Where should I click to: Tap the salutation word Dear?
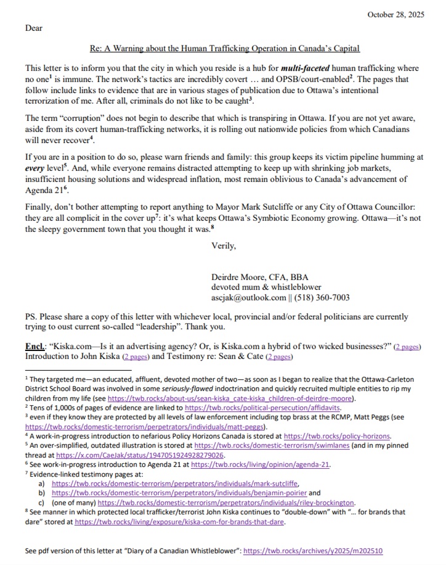point(34,28)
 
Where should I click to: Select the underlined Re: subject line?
point(225,48)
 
